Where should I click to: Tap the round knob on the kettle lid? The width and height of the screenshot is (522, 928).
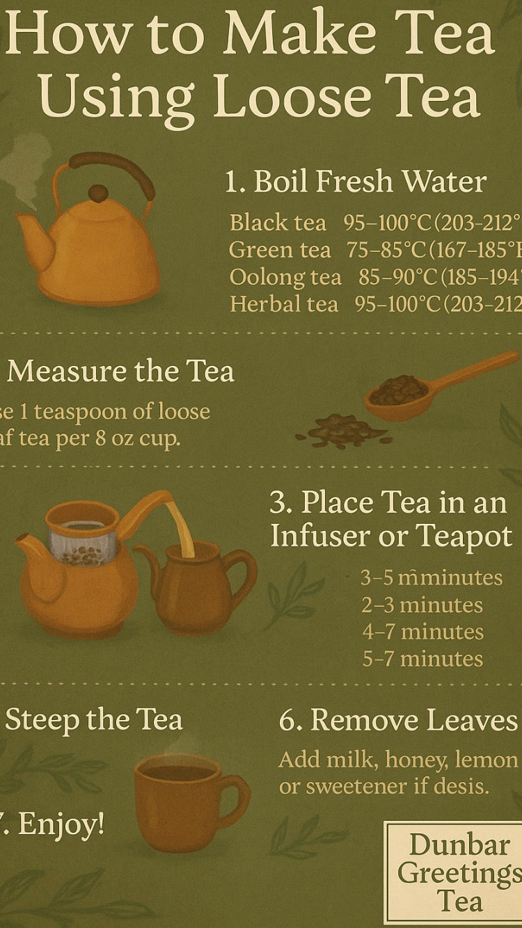point(98,193)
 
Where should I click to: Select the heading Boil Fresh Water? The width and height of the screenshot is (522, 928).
point(356,182)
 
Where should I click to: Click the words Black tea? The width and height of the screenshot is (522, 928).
point(278,223)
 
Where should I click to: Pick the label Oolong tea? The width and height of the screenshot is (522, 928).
point(285,277)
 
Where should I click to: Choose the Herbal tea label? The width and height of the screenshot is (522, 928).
point(284,304)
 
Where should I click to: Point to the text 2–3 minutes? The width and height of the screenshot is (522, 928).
point(422,605)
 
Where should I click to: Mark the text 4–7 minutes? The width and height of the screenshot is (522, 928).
point(422,632)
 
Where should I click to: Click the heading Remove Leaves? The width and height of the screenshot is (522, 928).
point(399,721)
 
